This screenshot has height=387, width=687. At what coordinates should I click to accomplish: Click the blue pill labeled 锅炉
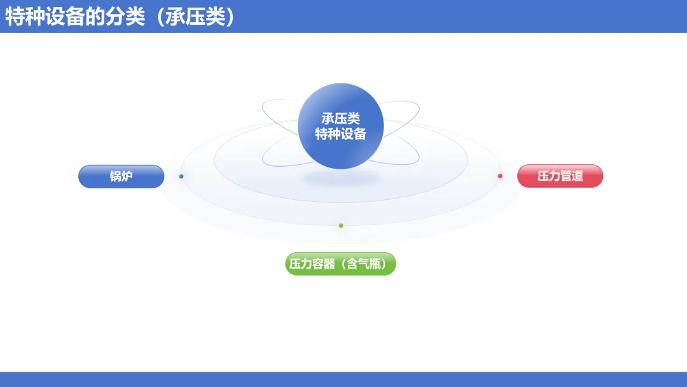(x=121, y=176)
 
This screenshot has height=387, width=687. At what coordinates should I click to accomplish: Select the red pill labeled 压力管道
(x=560, y=176)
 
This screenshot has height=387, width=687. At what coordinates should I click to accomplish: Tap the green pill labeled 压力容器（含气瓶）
(x=340, y=264)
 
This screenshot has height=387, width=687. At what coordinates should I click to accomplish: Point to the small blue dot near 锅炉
(x=181, y=176)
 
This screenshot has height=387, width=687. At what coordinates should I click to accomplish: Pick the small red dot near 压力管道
(x=500, y=176)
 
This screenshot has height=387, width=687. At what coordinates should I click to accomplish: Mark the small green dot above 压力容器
(x=341, y=225)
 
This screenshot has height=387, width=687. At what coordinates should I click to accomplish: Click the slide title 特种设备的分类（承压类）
(x=120, y=17)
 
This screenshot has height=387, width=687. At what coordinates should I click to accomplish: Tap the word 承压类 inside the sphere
(x=341, y=118)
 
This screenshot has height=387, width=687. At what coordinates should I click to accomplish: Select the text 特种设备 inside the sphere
(x=341, y=134)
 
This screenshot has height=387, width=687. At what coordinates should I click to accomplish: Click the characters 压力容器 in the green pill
(x=312, y=264)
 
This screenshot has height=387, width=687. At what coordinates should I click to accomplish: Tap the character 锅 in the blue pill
(x=115, y=176)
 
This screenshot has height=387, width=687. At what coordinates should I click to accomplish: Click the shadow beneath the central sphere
(x=341, y=178)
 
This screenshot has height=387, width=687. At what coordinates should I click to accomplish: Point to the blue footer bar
(x=343, y=379)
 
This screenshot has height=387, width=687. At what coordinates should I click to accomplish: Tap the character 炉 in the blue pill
(x=127, y=176)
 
